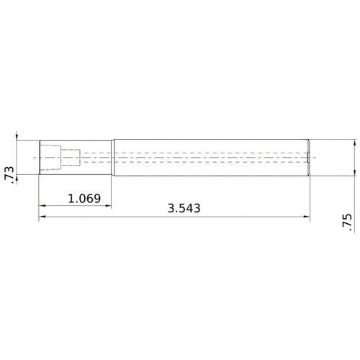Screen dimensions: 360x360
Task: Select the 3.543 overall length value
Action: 184,208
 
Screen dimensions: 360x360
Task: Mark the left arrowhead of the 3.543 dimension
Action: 42,216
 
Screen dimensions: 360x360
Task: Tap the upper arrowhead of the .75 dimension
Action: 356,144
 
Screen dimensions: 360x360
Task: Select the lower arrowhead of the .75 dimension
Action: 356,171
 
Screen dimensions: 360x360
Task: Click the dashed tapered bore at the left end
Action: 50,157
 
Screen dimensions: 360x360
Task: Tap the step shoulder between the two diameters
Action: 112,157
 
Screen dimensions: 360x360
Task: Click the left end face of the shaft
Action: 39,157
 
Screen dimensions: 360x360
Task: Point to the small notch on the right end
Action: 308,157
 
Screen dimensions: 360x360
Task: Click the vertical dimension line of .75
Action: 356,157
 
